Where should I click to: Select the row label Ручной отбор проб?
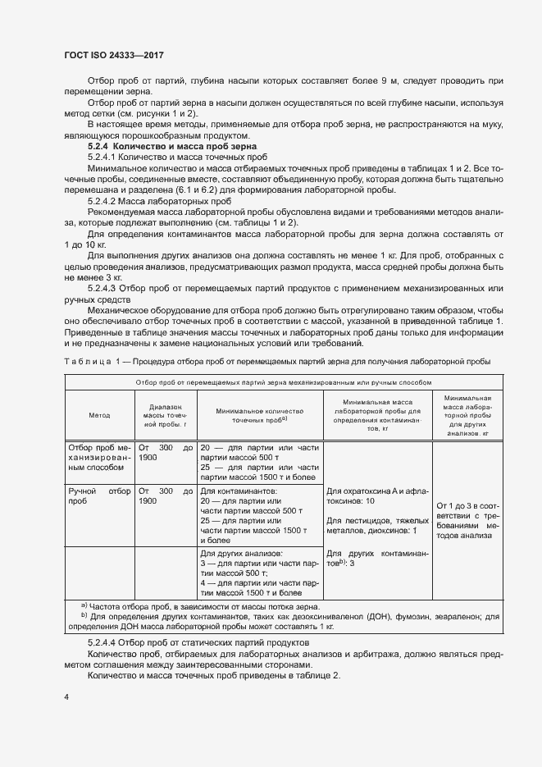click(98, 495)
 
